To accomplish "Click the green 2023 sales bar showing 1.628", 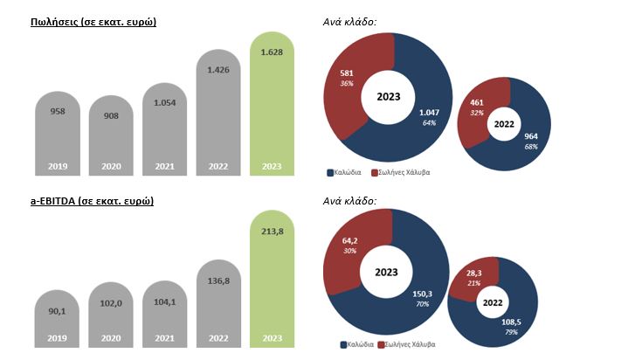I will click(x=273, y=105).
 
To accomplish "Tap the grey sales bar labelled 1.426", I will click(x=218, y=114).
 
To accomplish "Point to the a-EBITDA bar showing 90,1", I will click(x=57, y=319).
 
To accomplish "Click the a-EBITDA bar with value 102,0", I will click(x=111, y=315).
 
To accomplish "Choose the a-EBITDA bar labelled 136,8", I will click(x=218, y=306).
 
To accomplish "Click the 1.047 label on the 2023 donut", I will click(x=428, y=114).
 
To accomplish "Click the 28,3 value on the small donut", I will click(x=475, y=273).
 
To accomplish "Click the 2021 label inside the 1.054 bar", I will click(x=165, y=166).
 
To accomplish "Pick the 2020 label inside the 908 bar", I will click(x=111, y=166).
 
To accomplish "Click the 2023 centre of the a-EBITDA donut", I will click(x=385, y=271).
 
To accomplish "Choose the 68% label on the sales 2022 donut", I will click(x=530, y=147).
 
